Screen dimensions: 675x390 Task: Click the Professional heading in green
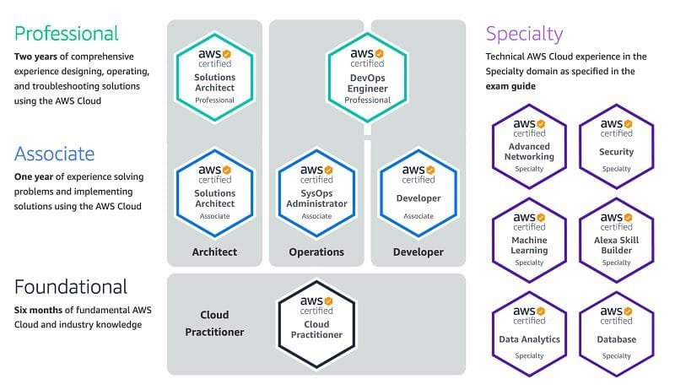67,34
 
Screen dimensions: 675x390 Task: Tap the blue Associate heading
54,154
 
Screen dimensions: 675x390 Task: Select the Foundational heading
71,287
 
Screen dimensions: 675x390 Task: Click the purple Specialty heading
524,34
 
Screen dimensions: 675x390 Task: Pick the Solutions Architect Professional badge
215,77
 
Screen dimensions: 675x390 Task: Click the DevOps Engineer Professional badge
367,77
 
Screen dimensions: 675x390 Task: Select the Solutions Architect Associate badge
215,192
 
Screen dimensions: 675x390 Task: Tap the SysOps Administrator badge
316,192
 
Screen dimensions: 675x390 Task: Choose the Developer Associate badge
418,192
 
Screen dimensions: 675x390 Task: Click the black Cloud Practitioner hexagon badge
316,324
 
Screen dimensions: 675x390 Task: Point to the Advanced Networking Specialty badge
529,146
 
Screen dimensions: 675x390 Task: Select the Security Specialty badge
617,146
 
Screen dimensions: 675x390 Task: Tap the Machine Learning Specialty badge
529,241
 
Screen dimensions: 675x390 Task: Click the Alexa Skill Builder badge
617,241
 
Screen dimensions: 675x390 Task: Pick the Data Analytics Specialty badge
529,334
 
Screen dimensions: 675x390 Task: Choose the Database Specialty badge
617,334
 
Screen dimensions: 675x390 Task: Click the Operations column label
316,252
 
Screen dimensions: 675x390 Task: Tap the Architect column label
214,252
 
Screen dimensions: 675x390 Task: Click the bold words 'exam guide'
510,86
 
